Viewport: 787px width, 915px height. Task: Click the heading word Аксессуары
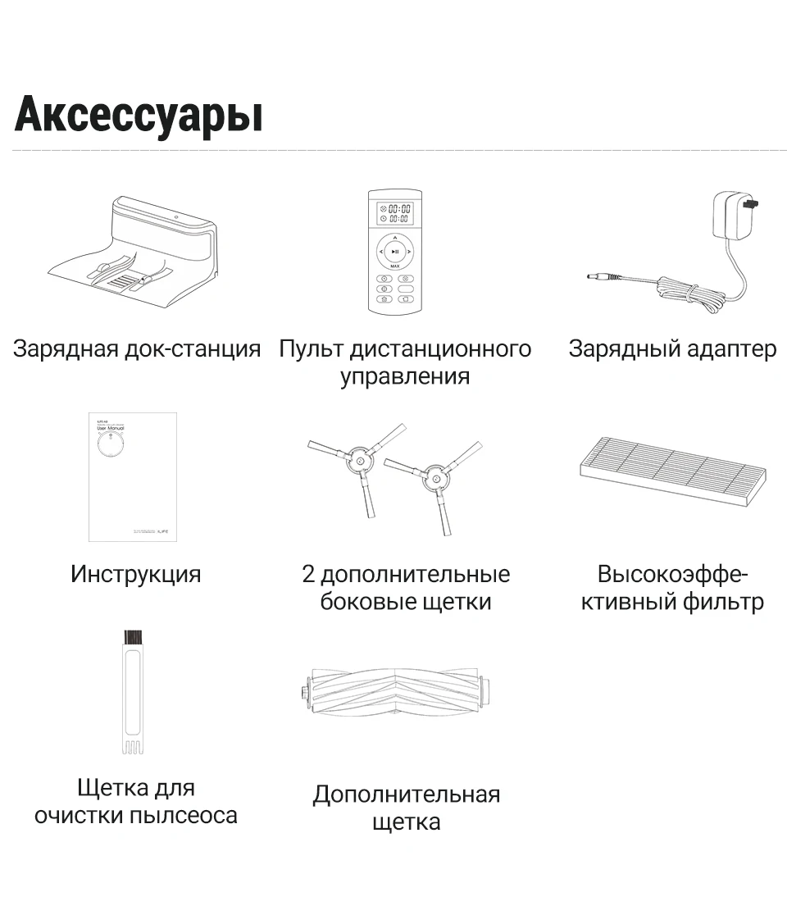coord(139,114)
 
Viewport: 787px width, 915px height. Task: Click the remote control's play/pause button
coord(394,252)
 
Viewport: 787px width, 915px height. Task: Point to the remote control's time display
coord(394,214)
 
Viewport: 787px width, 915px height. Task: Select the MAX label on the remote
coord(394,266)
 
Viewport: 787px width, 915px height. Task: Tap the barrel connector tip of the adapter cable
coord(595,277)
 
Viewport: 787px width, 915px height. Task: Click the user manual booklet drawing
coord(133,476)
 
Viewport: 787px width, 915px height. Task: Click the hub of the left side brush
coord(358,463)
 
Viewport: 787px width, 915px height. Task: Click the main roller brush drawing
coord(395,693)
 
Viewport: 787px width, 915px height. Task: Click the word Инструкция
coord(135,574)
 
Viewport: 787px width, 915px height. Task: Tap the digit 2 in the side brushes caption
coord(308,574)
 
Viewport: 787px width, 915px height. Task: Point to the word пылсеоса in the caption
coord(183,816)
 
